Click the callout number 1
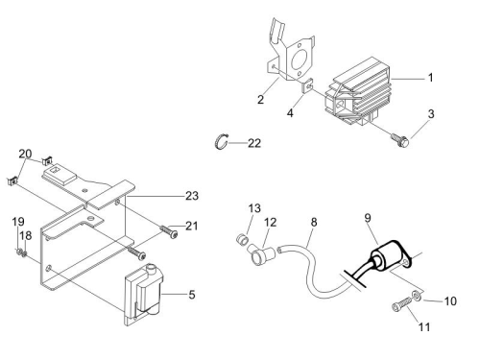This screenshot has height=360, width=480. tap(431, 78)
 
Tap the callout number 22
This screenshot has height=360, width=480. tap(254, 143)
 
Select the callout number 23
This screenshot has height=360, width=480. tap(192, 196)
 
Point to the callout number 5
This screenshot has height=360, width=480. tap(192, 295)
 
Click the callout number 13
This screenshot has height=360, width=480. tap(254, 208)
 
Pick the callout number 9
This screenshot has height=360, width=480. tap(368, 218)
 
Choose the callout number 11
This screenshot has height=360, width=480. tap(424, 327)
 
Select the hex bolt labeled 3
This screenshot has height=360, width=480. tap(400, 140)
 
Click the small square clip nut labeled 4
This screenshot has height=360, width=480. tap(307, 85)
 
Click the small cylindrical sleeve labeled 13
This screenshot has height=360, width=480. tap(242, 240)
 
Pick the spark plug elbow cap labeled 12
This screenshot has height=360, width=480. tap(261, 254)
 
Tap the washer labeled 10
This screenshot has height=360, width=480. tap(417, 296)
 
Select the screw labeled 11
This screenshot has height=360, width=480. tap(402, 303)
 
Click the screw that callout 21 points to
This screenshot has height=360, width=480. tap(168, 231)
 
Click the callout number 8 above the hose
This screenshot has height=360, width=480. tap(314, 222)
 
